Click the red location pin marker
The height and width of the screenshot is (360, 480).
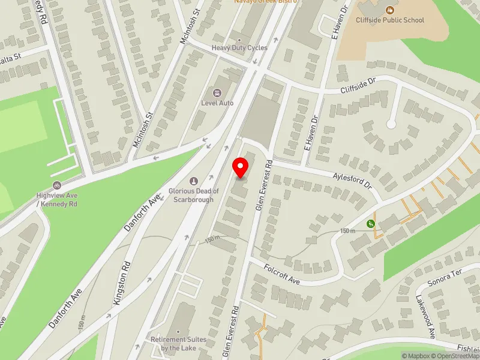pyautogui.click(x=241, y=167)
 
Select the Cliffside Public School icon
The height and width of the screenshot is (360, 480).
pyautogui.click(x=390, y=10)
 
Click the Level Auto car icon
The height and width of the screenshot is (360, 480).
pyautogui.click(x=217, y=92)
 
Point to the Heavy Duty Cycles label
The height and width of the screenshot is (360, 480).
pyautogui.click(x=239, y=48)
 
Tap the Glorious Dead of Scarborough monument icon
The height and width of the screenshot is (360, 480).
pyautogui.click(x=193, y=181)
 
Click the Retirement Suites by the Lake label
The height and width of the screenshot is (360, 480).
pyautogui.click(x=178, y=344)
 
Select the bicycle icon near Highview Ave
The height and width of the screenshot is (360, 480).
pyautogui.click(x=57, y=185)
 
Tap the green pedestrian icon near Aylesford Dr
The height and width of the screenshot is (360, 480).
pyautogui.click(x=371, y=224)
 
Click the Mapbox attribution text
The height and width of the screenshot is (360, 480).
pyautogui.click(x=416, y=356)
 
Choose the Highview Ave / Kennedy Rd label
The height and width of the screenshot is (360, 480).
pyautogui.click(x=57, y=199)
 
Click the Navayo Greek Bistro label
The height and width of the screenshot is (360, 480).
pyautogui.click(x=266, y=2)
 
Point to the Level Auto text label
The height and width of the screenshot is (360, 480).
pyautogui.click(x=217, y=103)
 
